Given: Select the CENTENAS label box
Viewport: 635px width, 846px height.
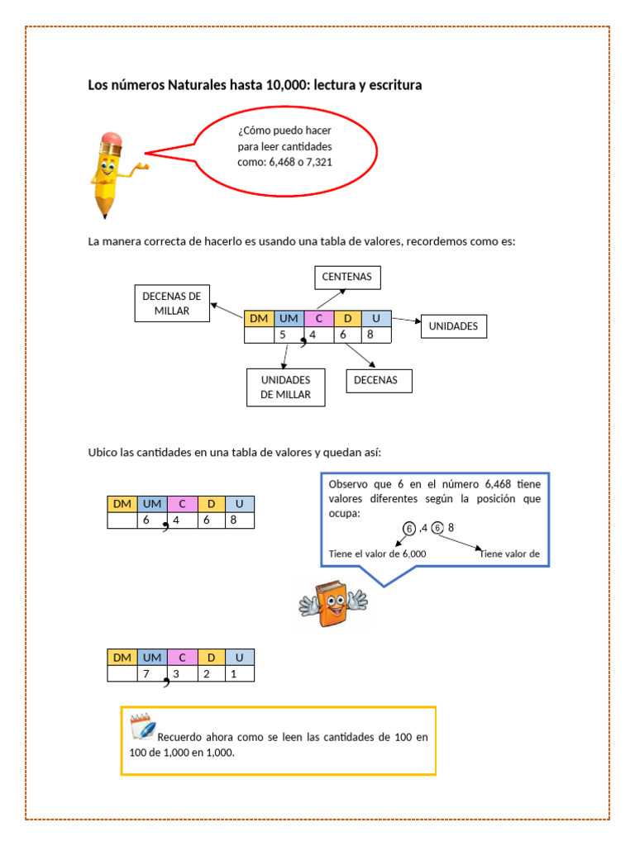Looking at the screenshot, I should [347, 277].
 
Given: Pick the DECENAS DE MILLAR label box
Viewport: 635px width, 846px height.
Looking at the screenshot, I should [172, 303].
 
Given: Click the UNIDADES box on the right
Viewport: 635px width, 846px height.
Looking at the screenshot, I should [453, 326].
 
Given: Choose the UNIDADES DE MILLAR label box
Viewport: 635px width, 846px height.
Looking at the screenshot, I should [285, 387].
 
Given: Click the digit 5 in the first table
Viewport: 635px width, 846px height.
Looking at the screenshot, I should [283, 335].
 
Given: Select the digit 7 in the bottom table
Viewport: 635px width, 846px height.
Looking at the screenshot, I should [146, 674].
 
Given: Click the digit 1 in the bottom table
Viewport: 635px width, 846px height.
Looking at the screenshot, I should [234, 674].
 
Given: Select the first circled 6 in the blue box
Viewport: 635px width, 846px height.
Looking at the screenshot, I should [409, 529].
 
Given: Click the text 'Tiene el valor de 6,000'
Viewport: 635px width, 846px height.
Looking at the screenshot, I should [377, 554].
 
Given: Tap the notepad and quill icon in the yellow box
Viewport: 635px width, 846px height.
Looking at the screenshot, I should [142, 726].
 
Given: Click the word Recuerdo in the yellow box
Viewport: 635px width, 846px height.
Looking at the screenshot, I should [179, 737].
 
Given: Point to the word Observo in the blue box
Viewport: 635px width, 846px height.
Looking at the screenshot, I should [348, 484].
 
